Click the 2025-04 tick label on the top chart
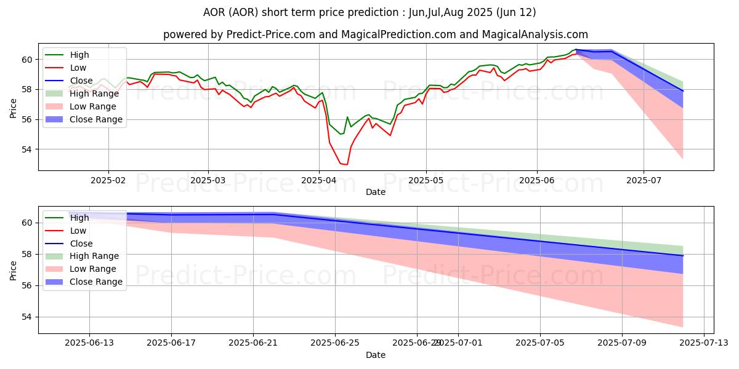318,180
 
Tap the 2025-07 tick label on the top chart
644,180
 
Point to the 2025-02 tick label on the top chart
108,180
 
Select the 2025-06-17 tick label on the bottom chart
171,343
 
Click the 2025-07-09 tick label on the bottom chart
621,343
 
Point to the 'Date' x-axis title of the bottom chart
376,355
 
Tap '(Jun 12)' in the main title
515,12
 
